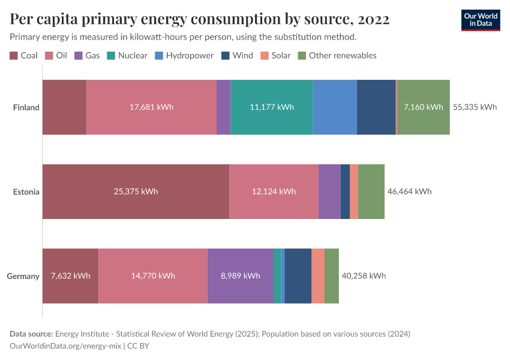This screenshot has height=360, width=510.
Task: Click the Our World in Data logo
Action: (x=480, y=20)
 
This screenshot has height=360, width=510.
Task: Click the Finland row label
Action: (x=26, y=107)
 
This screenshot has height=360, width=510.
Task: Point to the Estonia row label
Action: (x=26, y=192)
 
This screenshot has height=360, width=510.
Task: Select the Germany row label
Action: (x=23, y=276)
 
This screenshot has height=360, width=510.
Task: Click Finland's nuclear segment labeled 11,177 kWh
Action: (x=271, y=107)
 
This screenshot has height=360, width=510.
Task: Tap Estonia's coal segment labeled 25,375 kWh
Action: (x=136, y=192)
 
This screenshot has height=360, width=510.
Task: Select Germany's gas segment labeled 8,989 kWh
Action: (x=240, y=276)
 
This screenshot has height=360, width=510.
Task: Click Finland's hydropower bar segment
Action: (x=334, y=107)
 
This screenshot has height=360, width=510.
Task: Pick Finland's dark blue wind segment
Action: (x=376, y=107)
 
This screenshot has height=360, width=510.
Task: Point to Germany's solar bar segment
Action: (x=318, y=276)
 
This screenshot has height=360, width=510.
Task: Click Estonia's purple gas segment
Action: (x=329, y=192)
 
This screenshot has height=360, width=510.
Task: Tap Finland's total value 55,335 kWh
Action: (x=475, y=107)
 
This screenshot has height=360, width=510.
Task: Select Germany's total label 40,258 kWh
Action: (x=364, y=276)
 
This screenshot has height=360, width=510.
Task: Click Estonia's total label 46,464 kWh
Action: (x=409, y=192)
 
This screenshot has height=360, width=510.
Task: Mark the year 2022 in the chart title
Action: (x=373, y=20)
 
